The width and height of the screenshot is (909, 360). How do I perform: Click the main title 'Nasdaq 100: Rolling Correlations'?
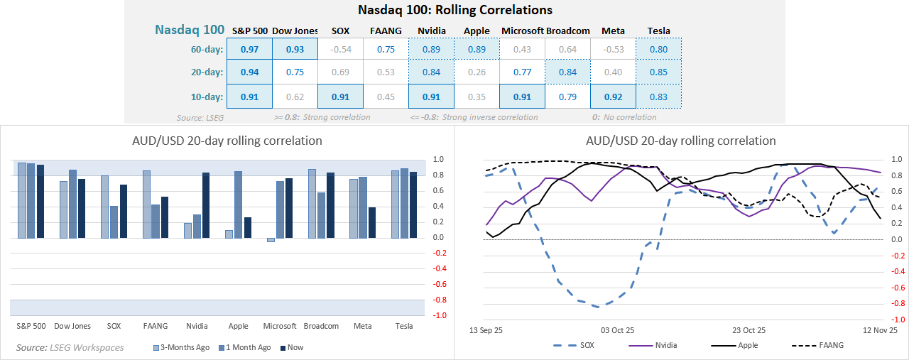[x=455, y=10]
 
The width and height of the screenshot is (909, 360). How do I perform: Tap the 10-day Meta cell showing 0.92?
[x=613, y=96]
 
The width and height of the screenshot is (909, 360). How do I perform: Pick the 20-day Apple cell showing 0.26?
[x=477, y=72]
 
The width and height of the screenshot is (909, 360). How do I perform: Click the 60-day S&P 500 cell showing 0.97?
[x=249, y=49]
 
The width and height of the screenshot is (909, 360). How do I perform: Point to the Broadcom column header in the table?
[x=568, y=31]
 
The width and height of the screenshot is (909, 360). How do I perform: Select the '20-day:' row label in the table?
[x=207, y=72]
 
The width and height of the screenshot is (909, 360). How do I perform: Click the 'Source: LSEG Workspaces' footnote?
[x=70, y=347]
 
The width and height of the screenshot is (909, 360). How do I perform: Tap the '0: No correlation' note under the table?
[x=624, y=117]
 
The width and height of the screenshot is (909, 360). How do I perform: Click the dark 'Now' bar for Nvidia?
[x=206, y=205]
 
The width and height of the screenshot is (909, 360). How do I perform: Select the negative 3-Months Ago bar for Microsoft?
[x=271, y=240]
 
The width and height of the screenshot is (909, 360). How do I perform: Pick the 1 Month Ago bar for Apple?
[x=239, y=204]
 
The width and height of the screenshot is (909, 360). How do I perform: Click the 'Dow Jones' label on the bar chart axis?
[x=72, y=326]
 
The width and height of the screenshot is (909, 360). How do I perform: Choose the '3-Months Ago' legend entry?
[x=182, y=347]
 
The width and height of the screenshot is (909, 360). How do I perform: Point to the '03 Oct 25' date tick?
[x=617, y=330]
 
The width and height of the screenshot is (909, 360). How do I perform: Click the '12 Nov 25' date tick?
[x=881, y=330]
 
